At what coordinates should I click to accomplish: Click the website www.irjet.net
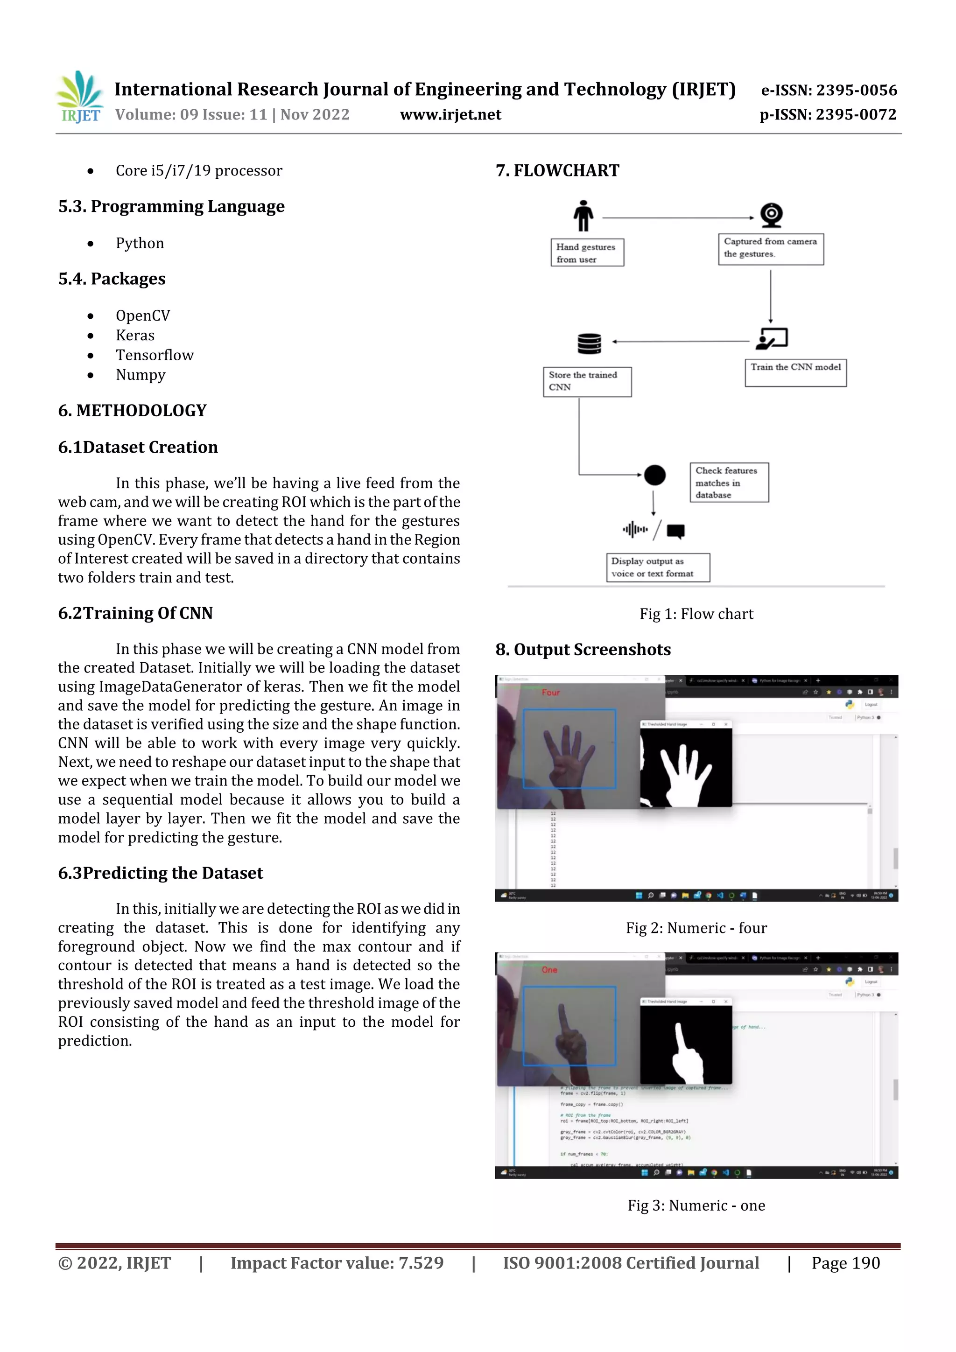pos(450,115)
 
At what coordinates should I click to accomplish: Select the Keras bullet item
pos(135,336)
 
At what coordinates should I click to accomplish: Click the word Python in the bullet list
pos(140,243)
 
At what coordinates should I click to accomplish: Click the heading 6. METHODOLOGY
pos(132,410)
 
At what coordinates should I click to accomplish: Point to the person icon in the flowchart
pos(583,216)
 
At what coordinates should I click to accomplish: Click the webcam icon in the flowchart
pos(771,214)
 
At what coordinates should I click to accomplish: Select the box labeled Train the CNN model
pos(795,373)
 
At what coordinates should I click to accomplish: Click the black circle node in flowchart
pos(654,475)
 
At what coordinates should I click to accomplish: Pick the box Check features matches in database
pos(729,482)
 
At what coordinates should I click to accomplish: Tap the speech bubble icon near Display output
pos(675,531)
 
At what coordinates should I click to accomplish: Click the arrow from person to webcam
pos(677,218)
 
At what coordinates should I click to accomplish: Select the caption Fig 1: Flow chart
pos(696,614)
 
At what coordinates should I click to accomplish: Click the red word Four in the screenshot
pos(551,693)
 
